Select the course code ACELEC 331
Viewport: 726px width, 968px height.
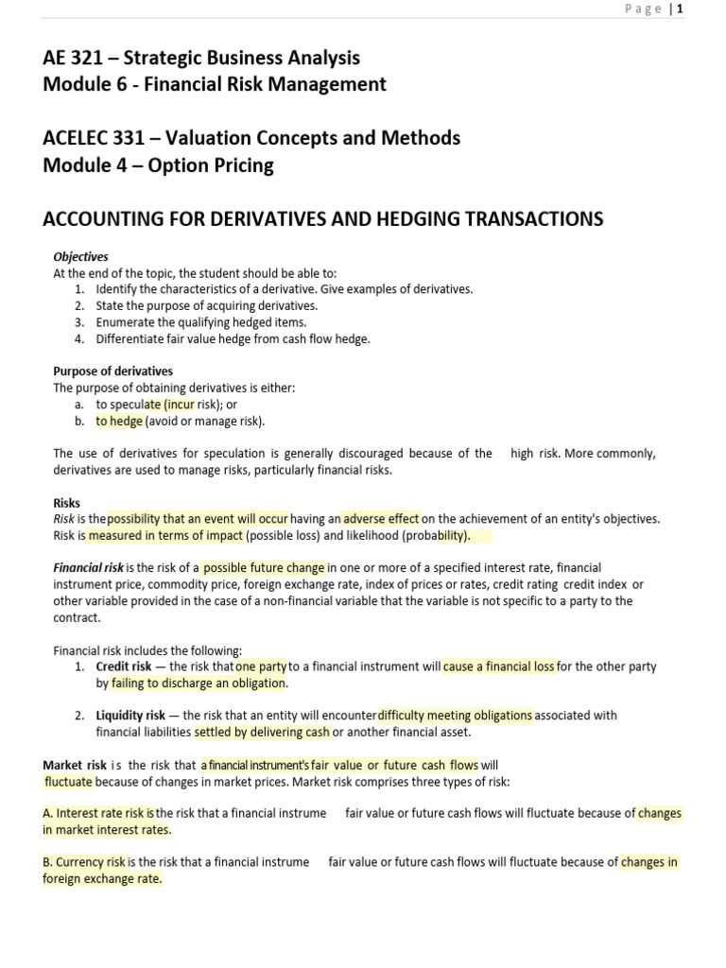point(95,138)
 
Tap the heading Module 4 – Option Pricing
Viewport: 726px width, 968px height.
point(158,165)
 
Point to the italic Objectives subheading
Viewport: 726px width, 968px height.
point(80,257)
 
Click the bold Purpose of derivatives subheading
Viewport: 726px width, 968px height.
point(112,372)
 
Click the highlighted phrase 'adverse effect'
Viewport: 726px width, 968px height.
point(381,518)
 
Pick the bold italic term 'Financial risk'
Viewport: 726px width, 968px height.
point(88,568)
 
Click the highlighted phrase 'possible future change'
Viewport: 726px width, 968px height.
point(264,568)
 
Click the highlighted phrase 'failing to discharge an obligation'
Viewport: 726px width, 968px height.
point(199,683)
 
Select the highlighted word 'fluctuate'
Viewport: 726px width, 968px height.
point(69,782)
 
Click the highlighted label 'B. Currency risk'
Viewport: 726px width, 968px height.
point(84,862)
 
